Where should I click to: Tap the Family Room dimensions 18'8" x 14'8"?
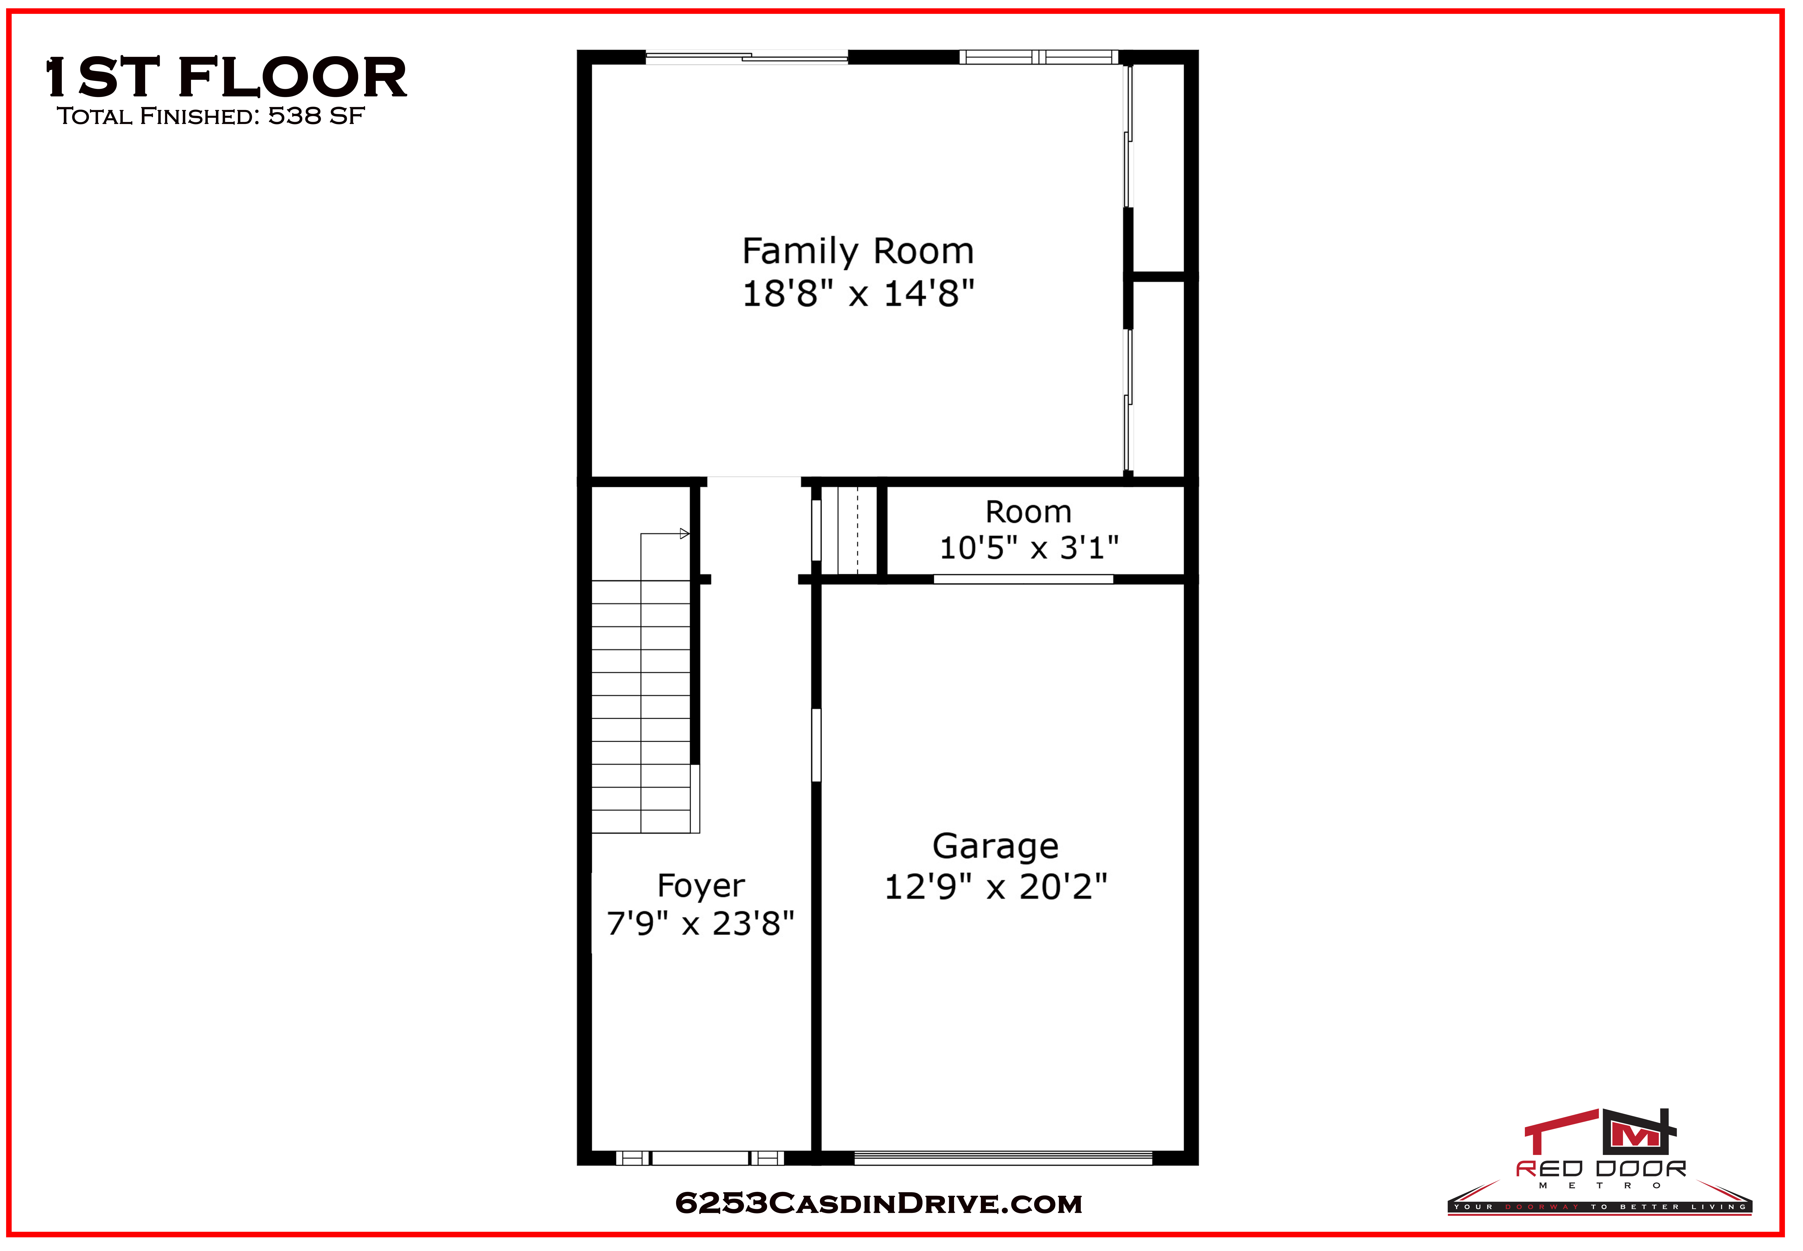(x=858, y=294)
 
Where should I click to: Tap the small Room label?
(x=1029, y=512)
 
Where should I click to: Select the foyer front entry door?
(x=700, y=1158)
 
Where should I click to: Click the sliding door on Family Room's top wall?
(x=746, y=56)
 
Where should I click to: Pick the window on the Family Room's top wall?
(x=1039, y=56)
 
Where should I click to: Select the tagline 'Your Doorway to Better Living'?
(x=1599, y=1207)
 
